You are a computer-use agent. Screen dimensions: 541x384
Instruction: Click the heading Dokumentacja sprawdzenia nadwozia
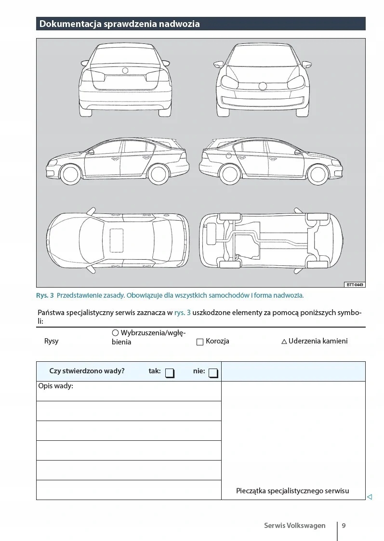119,24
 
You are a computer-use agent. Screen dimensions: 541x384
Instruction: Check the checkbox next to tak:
170,373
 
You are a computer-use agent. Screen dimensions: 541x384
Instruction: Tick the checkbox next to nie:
213,373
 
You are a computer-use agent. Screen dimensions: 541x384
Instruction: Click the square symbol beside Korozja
200,342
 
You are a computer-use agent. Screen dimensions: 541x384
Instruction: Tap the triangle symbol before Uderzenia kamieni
284,342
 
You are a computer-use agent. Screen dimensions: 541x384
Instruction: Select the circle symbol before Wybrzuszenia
115,332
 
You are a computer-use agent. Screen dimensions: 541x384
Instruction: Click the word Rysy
51,341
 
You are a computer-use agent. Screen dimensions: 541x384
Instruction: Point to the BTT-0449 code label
355,285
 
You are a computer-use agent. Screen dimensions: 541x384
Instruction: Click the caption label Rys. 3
45,295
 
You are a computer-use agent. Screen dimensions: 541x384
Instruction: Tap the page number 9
344,526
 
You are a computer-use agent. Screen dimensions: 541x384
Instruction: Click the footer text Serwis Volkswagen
294,526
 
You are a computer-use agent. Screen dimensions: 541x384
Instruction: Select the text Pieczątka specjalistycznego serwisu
292,491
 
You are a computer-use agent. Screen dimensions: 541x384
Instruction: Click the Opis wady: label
55,386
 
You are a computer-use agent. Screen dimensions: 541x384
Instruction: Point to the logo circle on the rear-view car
125,71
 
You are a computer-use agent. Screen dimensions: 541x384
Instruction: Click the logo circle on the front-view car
263,86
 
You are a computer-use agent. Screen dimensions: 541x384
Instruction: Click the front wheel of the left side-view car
71,174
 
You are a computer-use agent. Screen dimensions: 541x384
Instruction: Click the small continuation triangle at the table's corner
370,497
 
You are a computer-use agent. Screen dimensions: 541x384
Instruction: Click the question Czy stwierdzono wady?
87,371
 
